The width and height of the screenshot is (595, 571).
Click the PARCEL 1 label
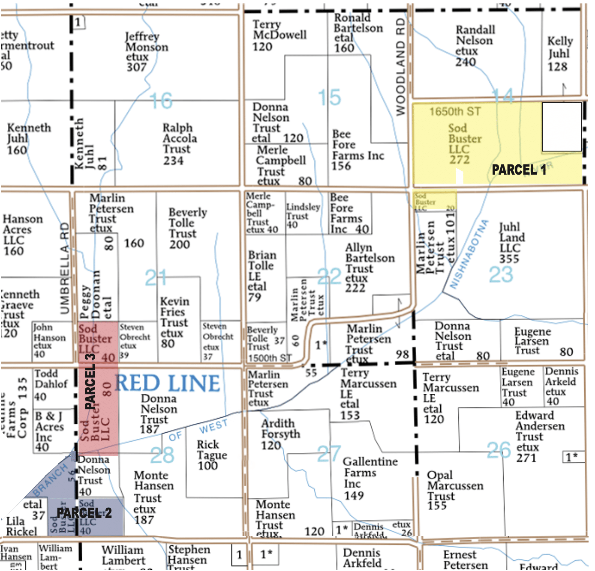(x=519, y=170)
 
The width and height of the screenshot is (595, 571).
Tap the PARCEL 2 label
(x=84, y=513)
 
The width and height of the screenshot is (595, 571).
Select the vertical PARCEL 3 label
(x=90, y=381)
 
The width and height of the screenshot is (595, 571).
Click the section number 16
(x=161, y=101)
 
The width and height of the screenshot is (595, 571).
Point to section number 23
(x=501, y=274)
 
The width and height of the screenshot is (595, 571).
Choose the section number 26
(x=499, y=450)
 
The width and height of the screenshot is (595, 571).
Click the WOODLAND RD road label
(x=400, y=66)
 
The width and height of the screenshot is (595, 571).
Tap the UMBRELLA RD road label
(x=64, y=268)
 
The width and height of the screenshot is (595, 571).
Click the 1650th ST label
(x=455, y=112)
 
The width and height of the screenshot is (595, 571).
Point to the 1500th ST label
(x=270, y=358)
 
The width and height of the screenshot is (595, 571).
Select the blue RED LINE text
(x=168, y=383)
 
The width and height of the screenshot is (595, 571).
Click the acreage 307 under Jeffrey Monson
(x=136, y=67)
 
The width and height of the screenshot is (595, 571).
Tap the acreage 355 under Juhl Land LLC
(x=509, y=259)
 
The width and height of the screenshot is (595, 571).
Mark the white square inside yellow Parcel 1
(x=562, y=127)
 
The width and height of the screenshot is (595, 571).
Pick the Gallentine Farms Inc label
(x=370, y=473)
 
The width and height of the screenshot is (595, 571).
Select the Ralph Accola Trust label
(x=179, y=138)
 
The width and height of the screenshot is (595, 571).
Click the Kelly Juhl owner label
(x=559, y=48)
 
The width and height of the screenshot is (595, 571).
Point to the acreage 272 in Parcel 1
(x=460, y=160)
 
